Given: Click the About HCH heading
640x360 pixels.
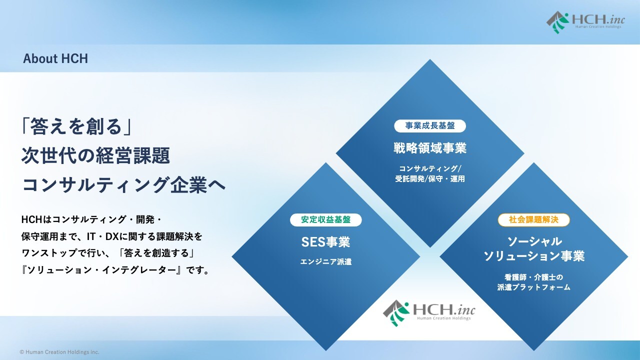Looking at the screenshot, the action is point(55,58).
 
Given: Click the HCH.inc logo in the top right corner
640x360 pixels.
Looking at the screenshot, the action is point(585,22).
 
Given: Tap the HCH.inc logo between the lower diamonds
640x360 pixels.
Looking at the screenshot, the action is point(429,313).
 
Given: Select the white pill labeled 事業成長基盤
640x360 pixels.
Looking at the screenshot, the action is point(429,125).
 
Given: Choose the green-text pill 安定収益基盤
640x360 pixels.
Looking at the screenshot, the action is point(325,219).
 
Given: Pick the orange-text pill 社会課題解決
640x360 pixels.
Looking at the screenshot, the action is point(533,219).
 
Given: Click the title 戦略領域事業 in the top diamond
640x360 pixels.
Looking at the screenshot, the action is point(429,148).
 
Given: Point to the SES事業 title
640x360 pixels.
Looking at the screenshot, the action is point(325,242).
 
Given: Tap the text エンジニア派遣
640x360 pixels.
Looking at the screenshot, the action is point(325,261).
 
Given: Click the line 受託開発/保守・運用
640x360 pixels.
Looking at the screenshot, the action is point(429,179).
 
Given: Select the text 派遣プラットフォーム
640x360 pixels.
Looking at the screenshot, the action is point(533,287).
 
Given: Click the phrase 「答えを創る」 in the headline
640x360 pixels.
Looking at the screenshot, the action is point(77,126).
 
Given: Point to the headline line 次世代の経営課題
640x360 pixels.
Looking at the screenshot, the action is point(95,155).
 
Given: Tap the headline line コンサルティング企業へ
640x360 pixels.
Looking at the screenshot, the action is point(123,185).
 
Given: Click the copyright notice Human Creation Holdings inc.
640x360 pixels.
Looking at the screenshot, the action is point(59,352).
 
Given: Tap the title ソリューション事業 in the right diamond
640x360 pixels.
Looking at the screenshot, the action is point(533,255).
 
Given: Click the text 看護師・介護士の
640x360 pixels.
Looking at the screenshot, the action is point(533,277).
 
